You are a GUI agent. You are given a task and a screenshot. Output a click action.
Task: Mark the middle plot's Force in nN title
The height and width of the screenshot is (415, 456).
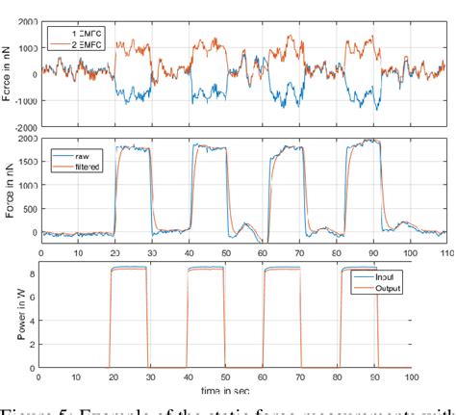[11, 193]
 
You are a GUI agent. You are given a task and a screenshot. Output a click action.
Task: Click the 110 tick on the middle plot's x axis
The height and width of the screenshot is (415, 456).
[444, 252]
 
